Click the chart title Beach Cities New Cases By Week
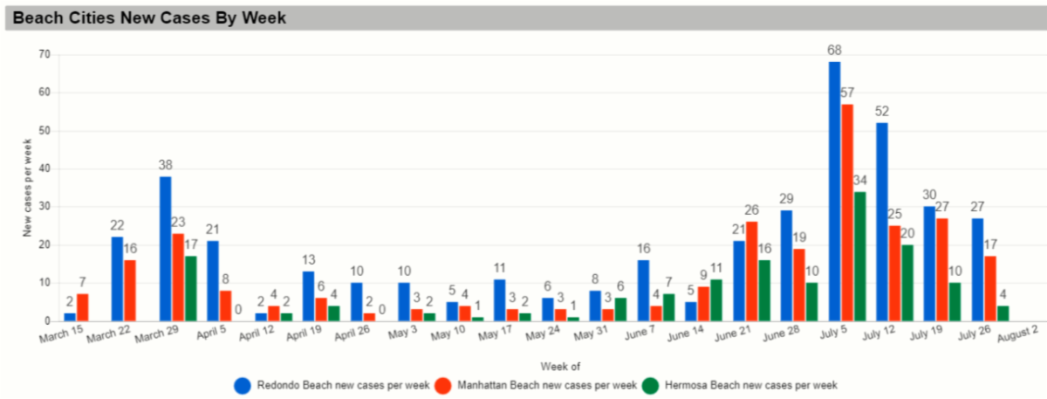coord(150,17)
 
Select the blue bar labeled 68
coord(835,191)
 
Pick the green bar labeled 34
coord(859,256)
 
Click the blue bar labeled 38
coord(166,249)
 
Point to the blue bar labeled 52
coord(882,222)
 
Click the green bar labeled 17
coord(190,288)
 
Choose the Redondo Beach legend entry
coord(332,385)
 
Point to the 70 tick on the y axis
coord(44,54)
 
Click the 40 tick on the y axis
coord(44,169)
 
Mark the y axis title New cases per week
coord(27,189)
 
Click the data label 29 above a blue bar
coord(788,200)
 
